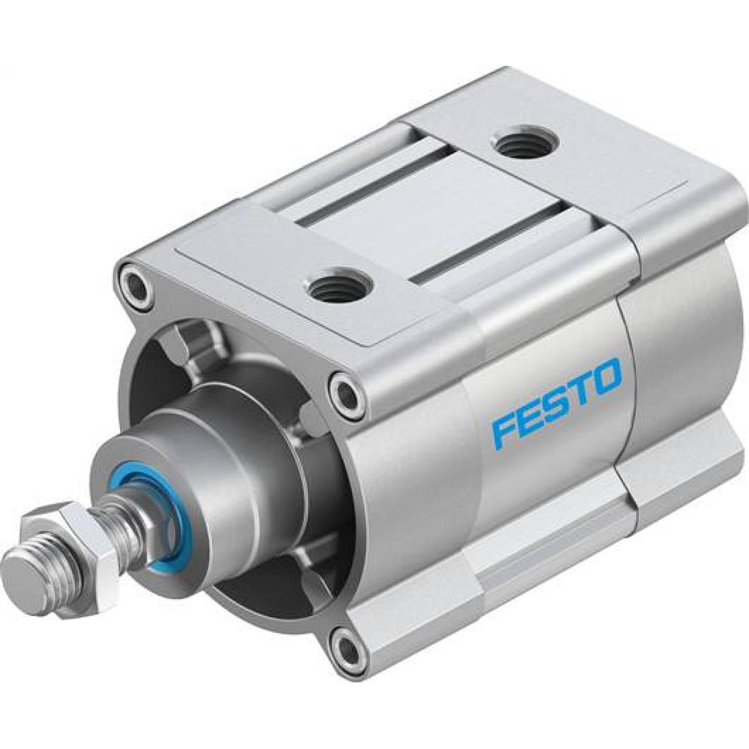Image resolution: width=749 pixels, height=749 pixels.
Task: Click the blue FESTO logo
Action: (x=557, y=401)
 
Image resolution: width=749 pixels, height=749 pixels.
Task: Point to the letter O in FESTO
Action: (x=607, y=376)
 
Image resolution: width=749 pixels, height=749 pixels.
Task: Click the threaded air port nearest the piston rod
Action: (x=335, y=286)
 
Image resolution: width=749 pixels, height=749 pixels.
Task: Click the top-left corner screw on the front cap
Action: (x=136, y=283)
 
